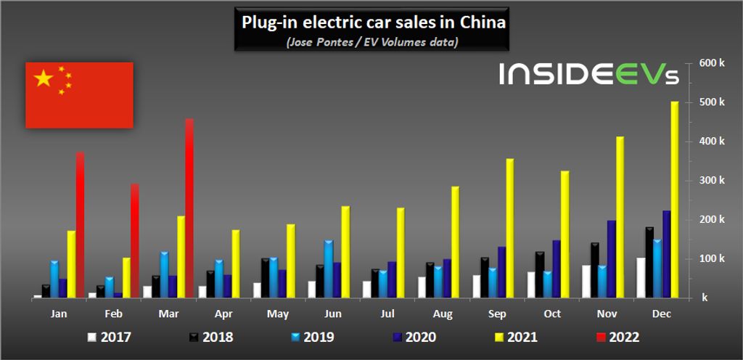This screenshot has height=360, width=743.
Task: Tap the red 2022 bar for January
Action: tap(80, 225)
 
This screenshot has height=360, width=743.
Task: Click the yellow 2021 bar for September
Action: tap(510, 228)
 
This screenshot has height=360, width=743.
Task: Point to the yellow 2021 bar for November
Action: tap(620, 217)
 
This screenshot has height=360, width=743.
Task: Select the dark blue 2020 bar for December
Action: tap(666, 254)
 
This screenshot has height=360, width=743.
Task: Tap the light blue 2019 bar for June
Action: tap(328, 269)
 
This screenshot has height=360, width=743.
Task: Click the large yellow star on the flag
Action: tap(44, 78)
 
